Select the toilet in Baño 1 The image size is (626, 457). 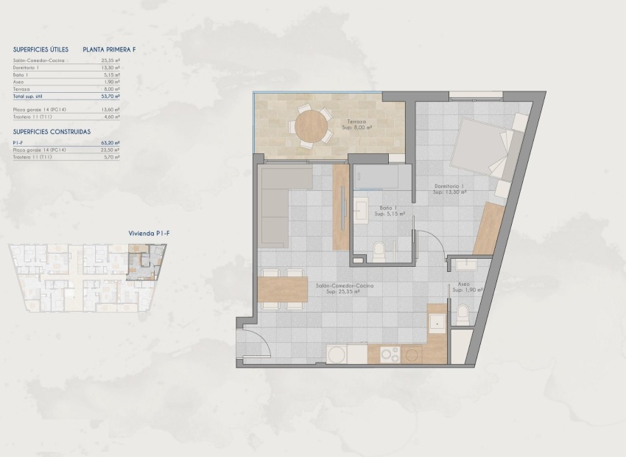point(379,251)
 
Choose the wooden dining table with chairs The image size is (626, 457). point(284,288)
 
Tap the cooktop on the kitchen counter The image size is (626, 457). point(389,355)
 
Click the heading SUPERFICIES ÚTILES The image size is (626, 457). point(41,49)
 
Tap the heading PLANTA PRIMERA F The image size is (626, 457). point(110,49)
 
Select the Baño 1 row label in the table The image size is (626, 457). point(21,74)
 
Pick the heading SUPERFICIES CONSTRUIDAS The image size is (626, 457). point(52,131)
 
